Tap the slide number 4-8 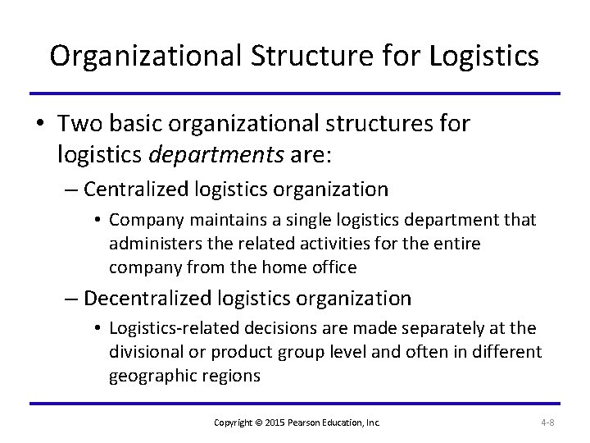(547, 422)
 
